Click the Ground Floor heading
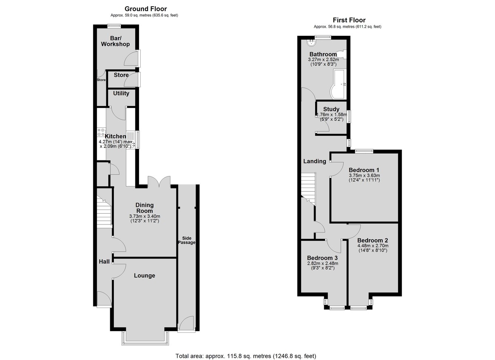pos(146,9)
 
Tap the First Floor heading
pos(349,20)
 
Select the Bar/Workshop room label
pos(115,41)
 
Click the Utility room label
pos(121,94)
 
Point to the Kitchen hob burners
pos(101,132)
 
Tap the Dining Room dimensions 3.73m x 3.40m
pos(145,216)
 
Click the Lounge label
pos(144,275)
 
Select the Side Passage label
pos(187,240)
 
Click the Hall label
pos(104,261)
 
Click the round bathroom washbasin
pos(311,42)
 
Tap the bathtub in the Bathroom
pos(338,84)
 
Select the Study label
pos(331,109)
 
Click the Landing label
pos(315,161)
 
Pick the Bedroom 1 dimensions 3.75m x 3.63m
pos(364,175)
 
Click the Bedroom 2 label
pos(372,240)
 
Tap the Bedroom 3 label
pos(323,258)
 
